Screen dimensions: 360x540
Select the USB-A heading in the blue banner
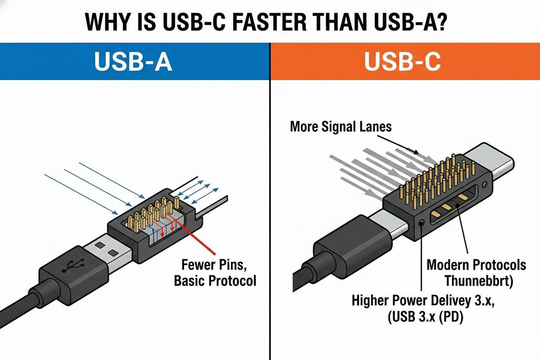tap(133, 62)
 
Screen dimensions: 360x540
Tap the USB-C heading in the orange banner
tap(402, 62)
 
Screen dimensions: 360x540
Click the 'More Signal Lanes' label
tap(341, 126)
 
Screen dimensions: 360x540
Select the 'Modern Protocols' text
tap(476, 264)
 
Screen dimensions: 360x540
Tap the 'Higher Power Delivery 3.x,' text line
tap(423, 301)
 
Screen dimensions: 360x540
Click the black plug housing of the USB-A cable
tap(69, 273)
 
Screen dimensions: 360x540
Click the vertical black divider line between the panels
tap(270, 216)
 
